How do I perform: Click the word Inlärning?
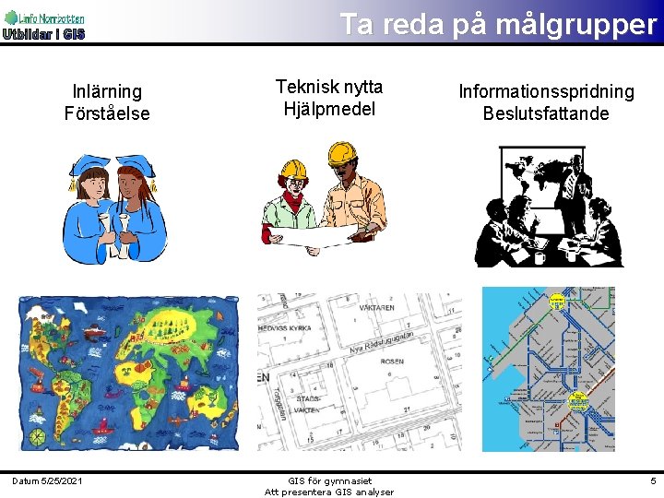[x=107, y=91]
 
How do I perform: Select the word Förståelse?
[x=107, y=114]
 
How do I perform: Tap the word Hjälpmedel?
[x=329, y=110]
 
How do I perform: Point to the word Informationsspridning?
[x=547, y=91]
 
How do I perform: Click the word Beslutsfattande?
[x=546, y=114]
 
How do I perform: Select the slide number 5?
[x=653, y=480]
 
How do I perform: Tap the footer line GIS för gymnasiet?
[x=329, y=480]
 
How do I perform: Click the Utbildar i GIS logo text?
[x=43, y=35]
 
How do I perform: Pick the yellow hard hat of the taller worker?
[x=342, y=151]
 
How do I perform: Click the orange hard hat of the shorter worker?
[x=294, y=169]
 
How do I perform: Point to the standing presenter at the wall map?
[x=574, y=194]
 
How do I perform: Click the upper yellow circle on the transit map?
[x=557, y=301]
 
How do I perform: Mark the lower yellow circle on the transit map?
[x=578, y=399]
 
